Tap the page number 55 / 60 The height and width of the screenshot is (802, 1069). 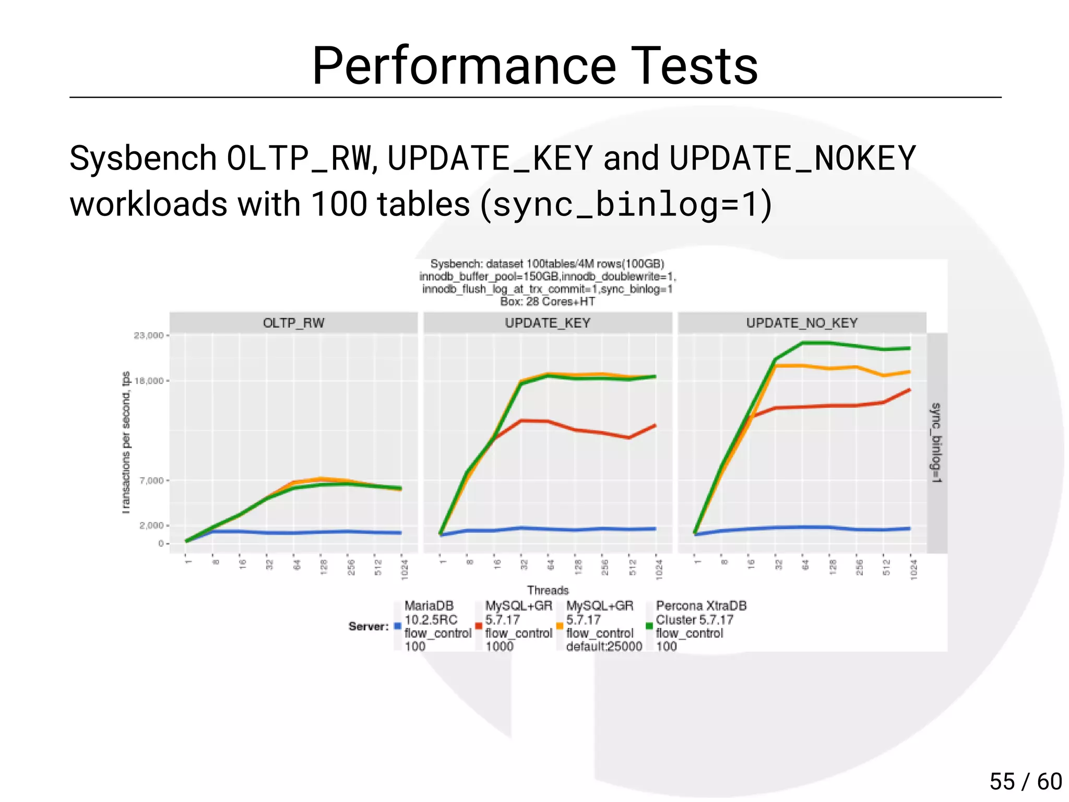tap(1025, 782)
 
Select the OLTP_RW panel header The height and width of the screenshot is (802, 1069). tap(293, 323)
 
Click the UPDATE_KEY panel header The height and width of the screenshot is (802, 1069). tap(547, 323)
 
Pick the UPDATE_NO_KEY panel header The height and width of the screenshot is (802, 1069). tap(801, 323)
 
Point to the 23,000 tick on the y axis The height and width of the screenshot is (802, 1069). tap(149, 336)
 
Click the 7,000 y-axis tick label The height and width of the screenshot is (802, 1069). tap(151, 481)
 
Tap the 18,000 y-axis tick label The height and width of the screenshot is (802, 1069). tap(149, 381)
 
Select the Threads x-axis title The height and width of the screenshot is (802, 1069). tap(547, 590)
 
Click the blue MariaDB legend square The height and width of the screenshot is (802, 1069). tap(398, 626)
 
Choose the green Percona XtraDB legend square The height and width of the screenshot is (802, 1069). tap(649, 626)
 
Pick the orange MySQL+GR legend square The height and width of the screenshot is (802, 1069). tap(560, 626)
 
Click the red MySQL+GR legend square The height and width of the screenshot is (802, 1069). tap(479, 626)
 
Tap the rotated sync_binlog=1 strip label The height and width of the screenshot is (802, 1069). tap(936, 442)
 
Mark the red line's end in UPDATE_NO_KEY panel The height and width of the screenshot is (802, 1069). tap(910, 390)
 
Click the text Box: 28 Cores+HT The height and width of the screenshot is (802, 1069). tap(547, 302)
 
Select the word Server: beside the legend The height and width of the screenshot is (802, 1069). tap(369, 626)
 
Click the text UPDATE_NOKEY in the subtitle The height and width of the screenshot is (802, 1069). tap(792, 158)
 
